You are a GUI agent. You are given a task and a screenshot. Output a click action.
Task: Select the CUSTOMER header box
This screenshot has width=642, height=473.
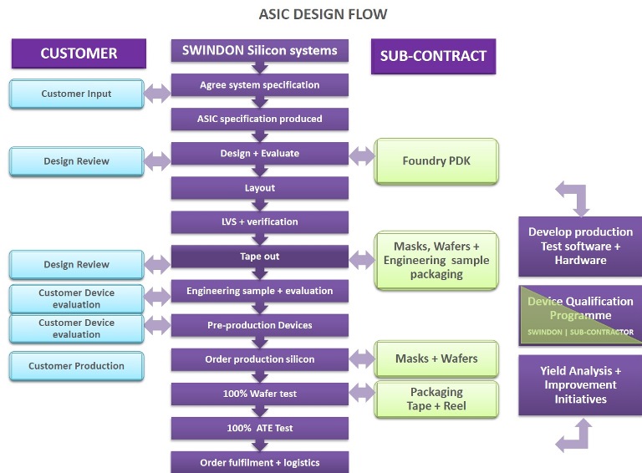click(79, 53)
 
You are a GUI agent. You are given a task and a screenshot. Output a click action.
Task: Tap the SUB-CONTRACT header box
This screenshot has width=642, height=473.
click(433, 56)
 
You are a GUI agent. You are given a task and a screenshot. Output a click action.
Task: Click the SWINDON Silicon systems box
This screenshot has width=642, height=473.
click(259, 50)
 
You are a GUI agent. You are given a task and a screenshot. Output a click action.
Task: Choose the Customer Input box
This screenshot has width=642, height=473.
click(76, 94)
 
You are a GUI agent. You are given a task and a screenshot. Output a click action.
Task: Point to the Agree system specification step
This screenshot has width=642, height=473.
click(259, 85)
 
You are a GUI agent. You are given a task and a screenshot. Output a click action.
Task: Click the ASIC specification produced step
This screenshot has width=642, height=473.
click(259, 120)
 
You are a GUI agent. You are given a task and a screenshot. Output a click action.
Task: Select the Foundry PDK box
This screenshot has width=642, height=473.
click(436, 160)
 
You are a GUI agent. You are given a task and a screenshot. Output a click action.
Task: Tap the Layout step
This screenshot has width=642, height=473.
click(259, 188)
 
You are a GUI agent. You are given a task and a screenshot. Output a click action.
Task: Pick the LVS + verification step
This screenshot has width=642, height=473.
click(259, 222)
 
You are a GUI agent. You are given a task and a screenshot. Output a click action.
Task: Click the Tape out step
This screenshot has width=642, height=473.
click(259, 257)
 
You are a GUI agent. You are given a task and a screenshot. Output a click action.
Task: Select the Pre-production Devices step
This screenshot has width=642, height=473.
click(259, 325)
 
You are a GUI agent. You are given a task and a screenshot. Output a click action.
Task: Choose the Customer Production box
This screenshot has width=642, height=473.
click(76, 366)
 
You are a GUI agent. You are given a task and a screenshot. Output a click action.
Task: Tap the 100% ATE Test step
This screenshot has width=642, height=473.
click(259, 429)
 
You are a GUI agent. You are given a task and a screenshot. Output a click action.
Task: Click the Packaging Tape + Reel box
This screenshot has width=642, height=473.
click(436, 399)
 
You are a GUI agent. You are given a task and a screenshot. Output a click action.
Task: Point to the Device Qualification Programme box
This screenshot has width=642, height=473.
click(579, 315)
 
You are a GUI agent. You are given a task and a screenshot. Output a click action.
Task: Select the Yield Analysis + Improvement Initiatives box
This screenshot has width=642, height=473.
click(579, 385)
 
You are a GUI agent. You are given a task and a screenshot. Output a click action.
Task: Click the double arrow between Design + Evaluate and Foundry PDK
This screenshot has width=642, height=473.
click(361, 155)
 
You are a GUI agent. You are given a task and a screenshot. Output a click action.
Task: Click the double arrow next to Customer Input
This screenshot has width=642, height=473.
click(156, 94)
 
